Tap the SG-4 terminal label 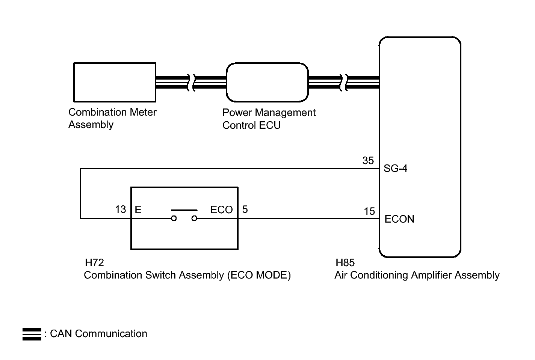tap(395, 169)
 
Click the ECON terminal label tap(399, 219)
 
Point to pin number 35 tap(368, 161)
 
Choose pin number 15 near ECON tap(369, 211)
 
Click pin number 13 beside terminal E tap(121, 209)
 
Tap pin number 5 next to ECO tap(245, 209)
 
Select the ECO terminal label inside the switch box tap(221, 210)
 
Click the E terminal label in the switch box tap(138, 210)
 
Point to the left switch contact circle tap(174, 218)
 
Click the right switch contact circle tap(194, 218)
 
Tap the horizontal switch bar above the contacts tap(184, 210)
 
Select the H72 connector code tap(94, 263)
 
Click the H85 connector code tap(345, 263)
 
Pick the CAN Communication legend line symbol tap(32, 334)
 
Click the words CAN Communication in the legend tap(99, 333)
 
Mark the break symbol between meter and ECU tap(191, 83)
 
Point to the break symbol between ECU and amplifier tap(343, 83)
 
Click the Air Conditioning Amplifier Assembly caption tap(417, 275)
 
